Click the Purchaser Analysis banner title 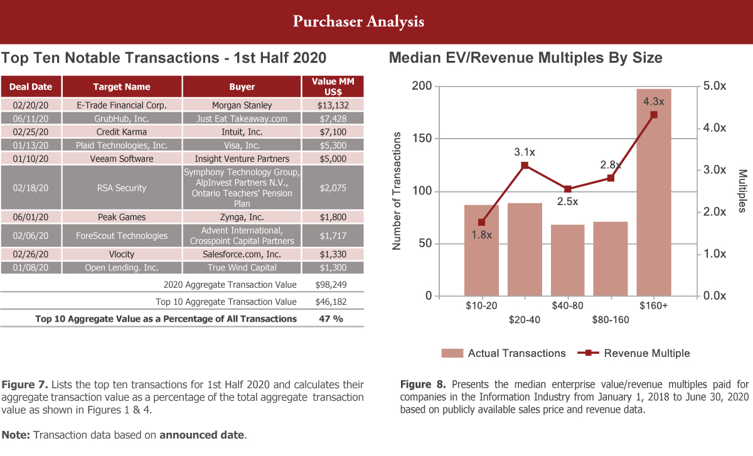tap(358, 21)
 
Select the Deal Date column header tap(31, 87)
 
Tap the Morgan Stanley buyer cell tap(242, 105)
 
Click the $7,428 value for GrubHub tap(333, 119)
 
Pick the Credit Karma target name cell tap(122, 132)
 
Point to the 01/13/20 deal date tap(31, 145)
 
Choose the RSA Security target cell tap(122, 188)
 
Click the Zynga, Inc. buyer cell tap(242, 217)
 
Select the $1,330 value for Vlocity tap(333, 255)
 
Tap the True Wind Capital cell tap(242, 268)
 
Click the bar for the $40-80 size tap(567, 260)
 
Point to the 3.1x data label tap(525, 152)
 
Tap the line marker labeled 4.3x tap(653, 115)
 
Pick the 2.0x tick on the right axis tap(713, 212)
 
